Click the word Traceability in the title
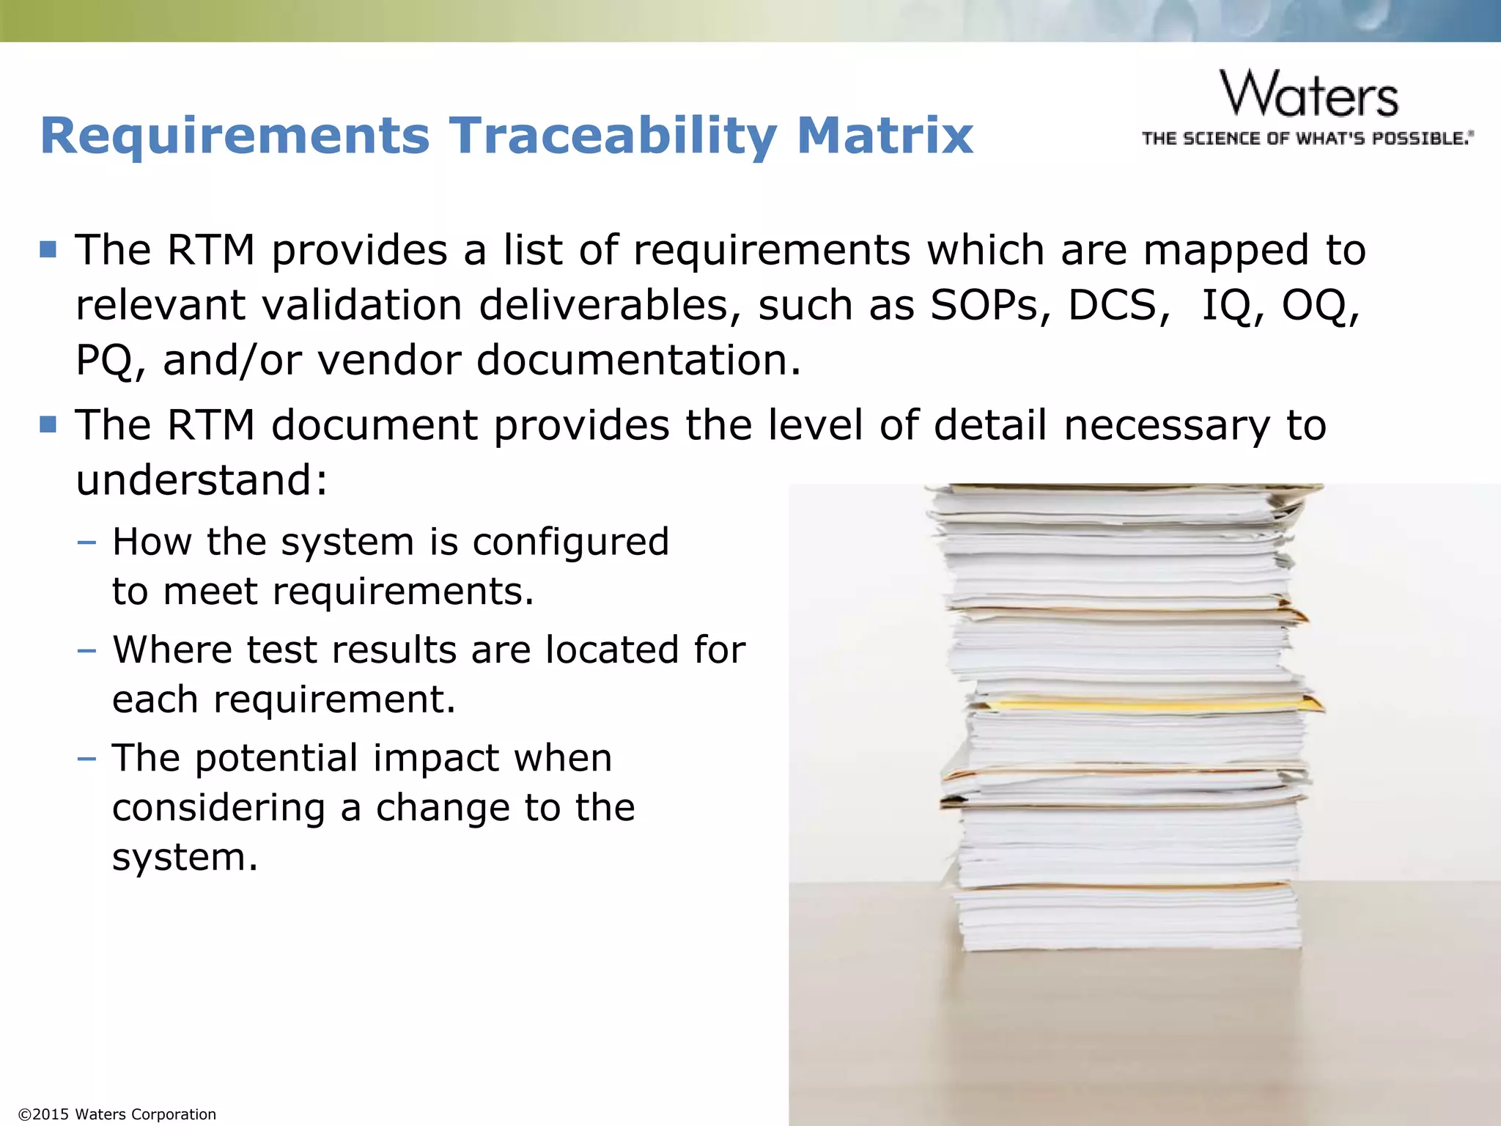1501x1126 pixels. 613,136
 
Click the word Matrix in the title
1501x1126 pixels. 885,136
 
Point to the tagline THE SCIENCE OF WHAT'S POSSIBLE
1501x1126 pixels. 1307,139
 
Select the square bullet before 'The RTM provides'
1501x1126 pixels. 48,249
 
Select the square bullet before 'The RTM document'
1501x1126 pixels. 48,424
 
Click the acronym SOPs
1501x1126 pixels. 983,305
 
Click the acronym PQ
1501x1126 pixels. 105,361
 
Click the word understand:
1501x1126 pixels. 202,480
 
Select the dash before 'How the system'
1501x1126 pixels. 86,542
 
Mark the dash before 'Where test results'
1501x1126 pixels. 86,650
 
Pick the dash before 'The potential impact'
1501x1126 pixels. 86,758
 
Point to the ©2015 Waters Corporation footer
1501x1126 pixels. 117,1114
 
